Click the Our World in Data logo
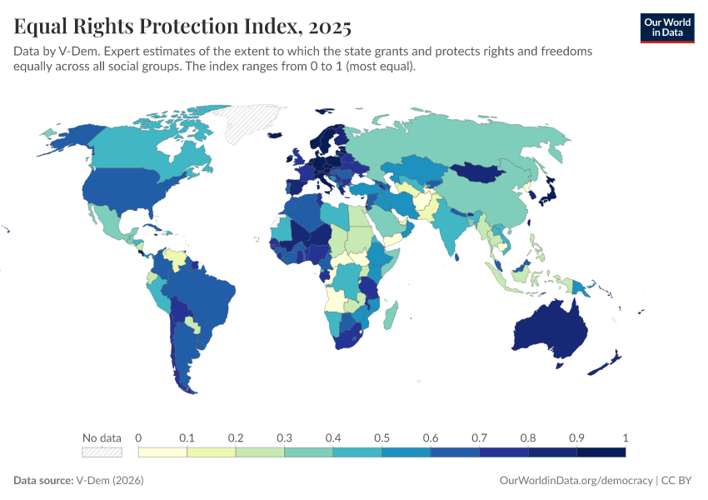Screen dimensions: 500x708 coord(666,27)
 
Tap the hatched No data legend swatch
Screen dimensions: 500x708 coord(102,452)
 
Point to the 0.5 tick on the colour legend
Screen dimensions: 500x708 coord(381,438)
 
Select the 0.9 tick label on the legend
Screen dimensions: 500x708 coord(576,438)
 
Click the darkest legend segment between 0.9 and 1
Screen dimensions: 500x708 coord(601,452)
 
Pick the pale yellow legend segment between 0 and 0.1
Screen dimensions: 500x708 coord(162,452)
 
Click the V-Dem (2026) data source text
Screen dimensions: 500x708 coord(109,481)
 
